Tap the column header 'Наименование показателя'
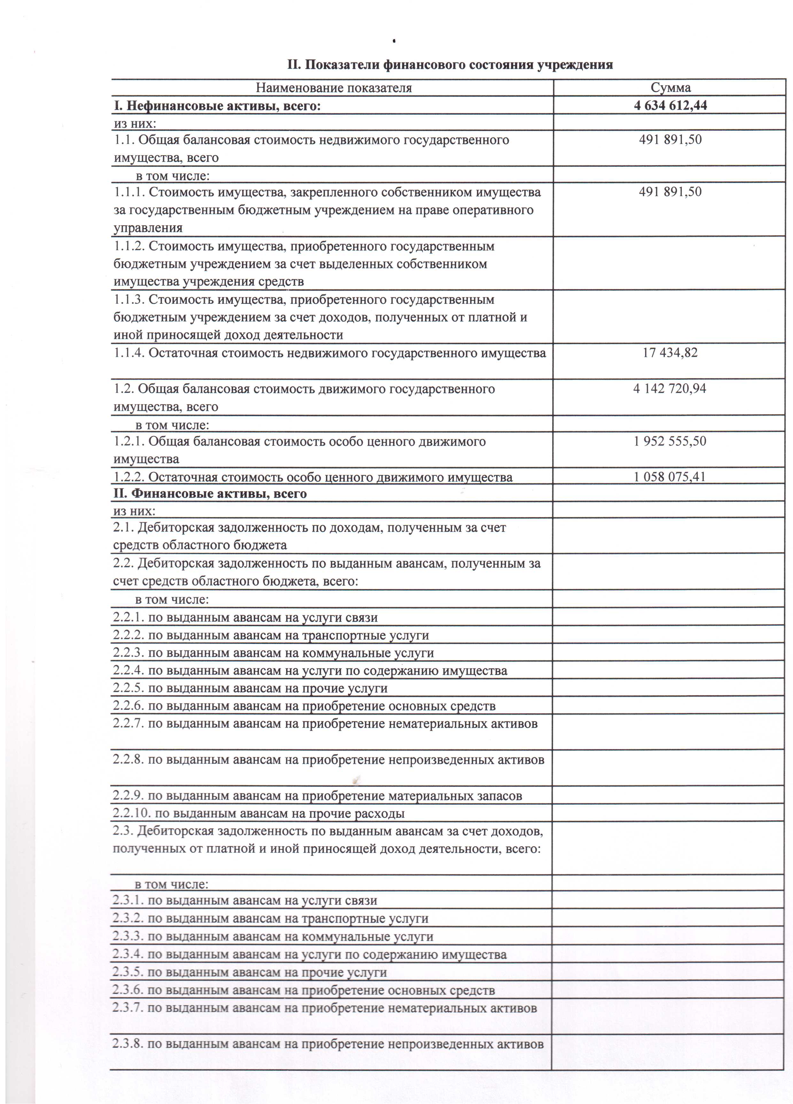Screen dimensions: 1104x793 click(x=334, y=88)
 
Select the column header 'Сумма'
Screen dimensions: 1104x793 click(x=670, y=88)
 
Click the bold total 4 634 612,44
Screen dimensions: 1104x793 click(x=670, y=106)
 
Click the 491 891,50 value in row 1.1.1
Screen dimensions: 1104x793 click(x=670, y=192)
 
